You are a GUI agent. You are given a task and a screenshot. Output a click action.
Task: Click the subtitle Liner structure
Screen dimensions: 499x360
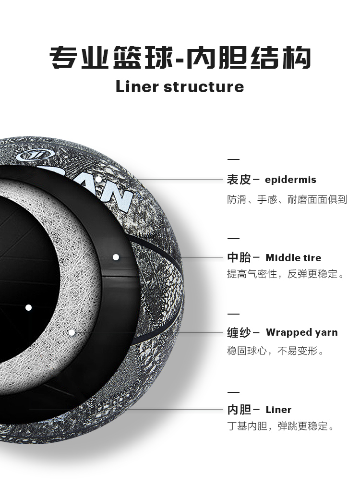click(180, 87)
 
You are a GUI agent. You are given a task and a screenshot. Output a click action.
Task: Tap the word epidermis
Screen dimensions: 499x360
click(291, 180)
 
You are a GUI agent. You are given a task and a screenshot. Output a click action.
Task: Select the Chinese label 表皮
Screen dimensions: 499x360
click(239, 180)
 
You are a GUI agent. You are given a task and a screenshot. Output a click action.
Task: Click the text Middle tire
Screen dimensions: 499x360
click(293, 257)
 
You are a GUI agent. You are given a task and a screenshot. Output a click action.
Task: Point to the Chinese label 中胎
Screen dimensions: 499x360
click(239, 257)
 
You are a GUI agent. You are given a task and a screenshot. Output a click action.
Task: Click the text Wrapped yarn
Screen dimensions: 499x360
click(301, 332)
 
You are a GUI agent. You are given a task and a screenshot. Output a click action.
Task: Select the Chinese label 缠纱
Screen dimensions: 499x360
click(239, 332)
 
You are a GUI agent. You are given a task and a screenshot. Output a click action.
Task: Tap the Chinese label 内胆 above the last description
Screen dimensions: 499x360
click(239, 410)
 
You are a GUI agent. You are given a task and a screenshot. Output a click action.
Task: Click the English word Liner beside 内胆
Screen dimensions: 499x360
click(278, 410)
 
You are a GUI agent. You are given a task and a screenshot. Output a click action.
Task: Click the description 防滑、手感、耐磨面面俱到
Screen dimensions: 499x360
click(287, 199)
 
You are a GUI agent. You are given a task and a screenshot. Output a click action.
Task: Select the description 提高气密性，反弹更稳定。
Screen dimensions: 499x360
click(286, 274)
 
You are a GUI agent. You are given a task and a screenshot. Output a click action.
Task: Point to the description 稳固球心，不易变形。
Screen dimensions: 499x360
click(276, 351)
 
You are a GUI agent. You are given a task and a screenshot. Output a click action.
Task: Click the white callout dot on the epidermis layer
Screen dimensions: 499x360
click(98, 180)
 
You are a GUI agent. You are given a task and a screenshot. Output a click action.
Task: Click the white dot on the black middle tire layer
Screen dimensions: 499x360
click(116, 257)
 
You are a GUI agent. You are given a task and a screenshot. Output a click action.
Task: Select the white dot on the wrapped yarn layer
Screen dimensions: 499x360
click(72, 332)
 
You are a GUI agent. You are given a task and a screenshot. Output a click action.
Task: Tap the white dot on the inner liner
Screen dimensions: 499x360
click(29, 307)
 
